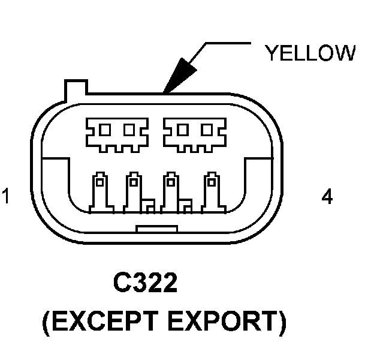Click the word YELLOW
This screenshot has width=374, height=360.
pyautogui.click(x=310, y=53)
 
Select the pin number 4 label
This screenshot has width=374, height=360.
pyautogui.click(x=327, y=197)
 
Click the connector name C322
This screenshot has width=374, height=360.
pyautogui.click(x=145, y=283)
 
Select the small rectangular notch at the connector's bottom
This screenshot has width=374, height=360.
pyautogui.click(x=156, y=229)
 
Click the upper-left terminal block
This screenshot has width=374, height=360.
pyautogui.click(x=116, y=132)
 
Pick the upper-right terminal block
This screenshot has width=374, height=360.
pyautogui.click(x=195, y=132)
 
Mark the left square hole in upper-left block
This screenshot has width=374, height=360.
pyautogui.click(x=105, y=128)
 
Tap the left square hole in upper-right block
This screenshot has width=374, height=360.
pyautogui.click(x=184, y=128)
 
